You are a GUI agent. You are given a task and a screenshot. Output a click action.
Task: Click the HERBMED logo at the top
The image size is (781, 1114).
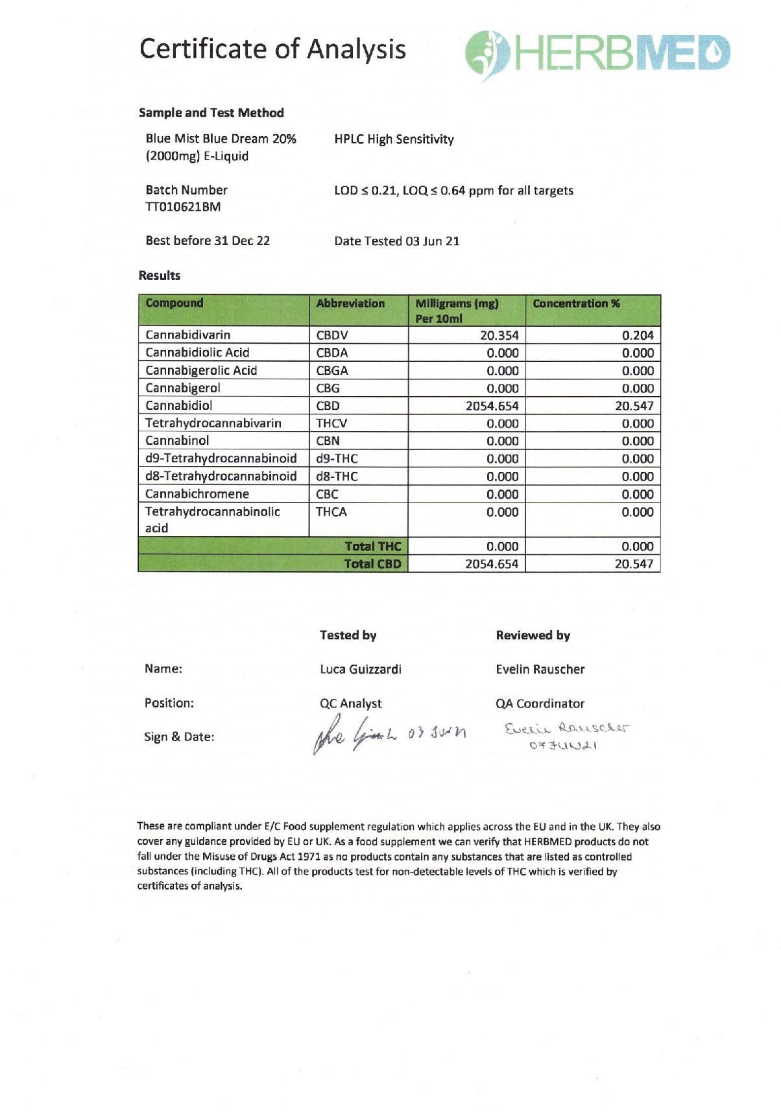(597, 53)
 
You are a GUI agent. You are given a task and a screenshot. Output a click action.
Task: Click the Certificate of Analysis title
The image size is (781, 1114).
(272, 49)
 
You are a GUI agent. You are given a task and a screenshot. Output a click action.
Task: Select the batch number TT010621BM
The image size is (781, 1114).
(183, 207)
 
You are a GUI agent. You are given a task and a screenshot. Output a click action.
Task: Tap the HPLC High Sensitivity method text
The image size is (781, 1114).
(394, 139)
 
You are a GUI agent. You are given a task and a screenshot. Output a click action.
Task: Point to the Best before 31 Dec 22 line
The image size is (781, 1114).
(208, 241)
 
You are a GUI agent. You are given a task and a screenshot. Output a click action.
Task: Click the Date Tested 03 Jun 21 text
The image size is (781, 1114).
(396, 241)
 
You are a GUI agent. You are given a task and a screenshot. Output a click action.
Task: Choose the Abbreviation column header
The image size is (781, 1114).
(350, 303)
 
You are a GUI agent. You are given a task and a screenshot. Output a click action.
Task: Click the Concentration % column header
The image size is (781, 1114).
(576, 303)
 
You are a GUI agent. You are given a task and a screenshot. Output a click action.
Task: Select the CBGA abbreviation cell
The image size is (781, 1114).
(332, 370)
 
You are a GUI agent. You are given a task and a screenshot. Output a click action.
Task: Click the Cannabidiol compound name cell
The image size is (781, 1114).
(179, 405)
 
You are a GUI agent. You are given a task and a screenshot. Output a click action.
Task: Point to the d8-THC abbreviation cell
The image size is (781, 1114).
(337, 476)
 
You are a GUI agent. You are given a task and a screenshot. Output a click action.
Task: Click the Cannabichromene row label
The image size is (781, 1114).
(197, 493)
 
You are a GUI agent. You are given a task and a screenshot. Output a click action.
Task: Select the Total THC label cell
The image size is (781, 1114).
(372, 546)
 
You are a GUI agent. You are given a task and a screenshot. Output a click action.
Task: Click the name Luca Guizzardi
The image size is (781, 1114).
(360, 669)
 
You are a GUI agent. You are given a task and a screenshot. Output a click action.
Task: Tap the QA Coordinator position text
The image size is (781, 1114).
(540, 704)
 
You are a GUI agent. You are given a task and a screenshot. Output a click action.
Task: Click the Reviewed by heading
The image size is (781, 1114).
(533, 635)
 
